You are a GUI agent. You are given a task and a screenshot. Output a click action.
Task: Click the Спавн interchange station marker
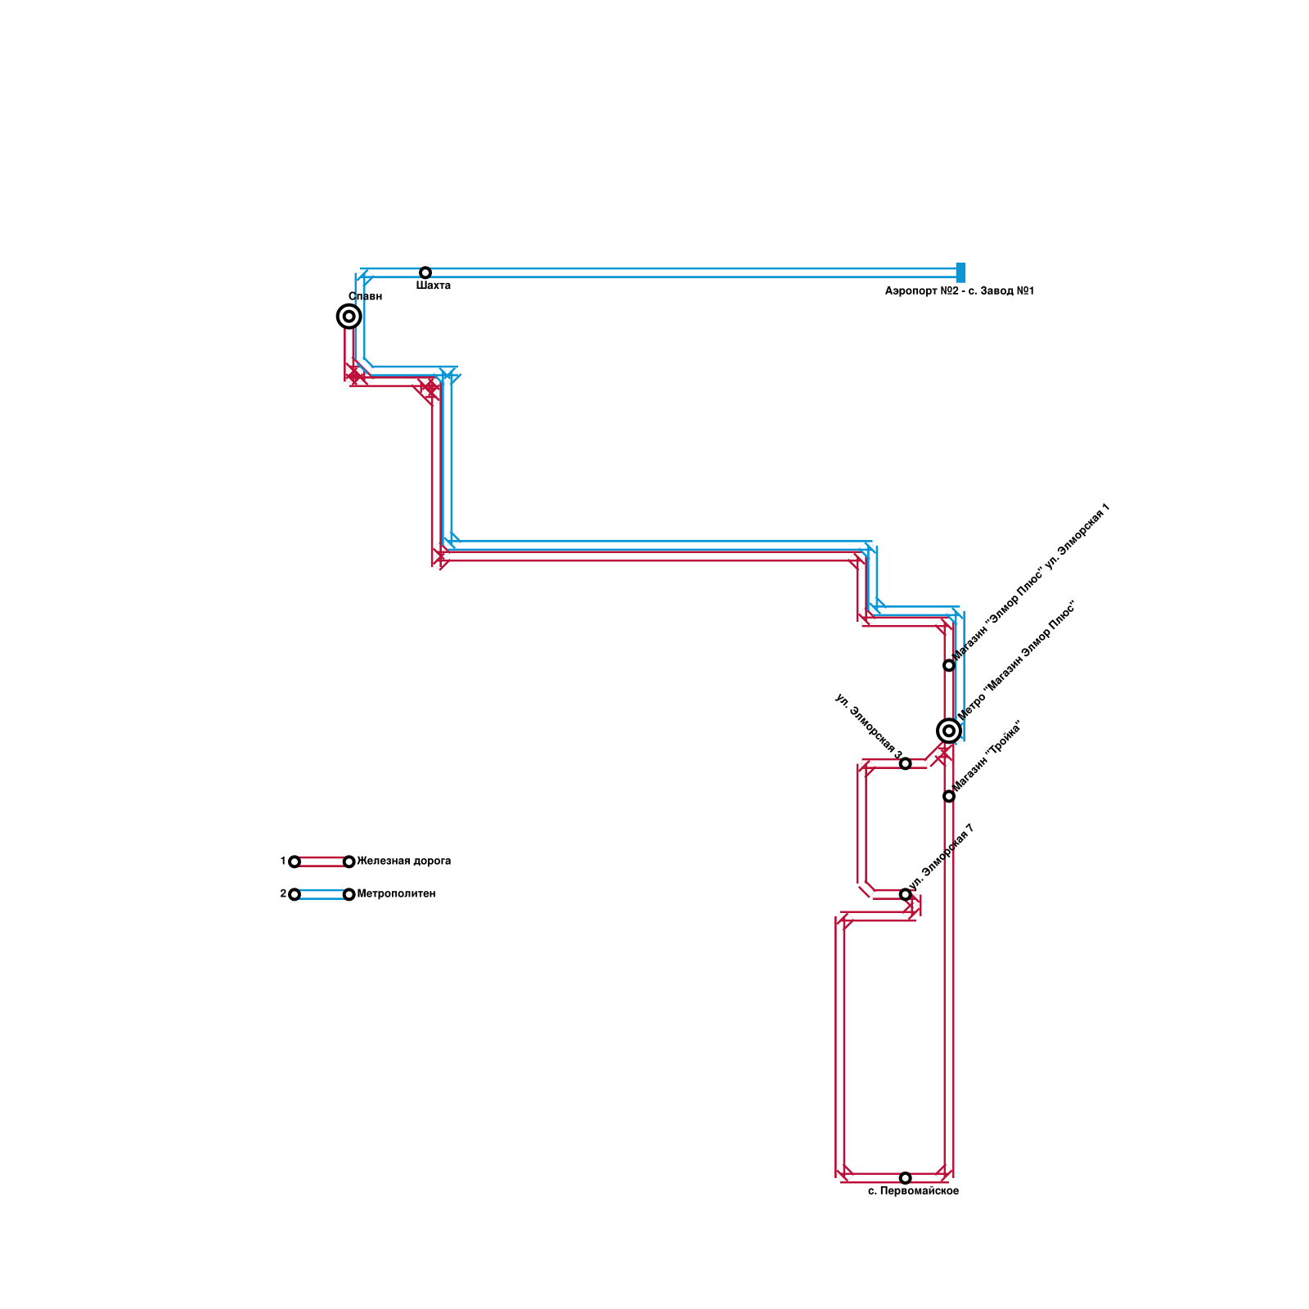(349, 316)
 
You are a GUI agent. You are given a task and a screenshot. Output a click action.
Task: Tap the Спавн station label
(365, 297)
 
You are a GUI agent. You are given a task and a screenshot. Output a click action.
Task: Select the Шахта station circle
(425, 272)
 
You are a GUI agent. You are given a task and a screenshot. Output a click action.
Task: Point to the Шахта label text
(433, 286)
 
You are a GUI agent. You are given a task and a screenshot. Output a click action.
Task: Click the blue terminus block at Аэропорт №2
(960, 272)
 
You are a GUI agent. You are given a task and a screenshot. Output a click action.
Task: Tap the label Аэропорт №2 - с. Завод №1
(959, 291)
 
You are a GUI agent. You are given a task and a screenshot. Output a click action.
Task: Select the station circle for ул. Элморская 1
(948, 665)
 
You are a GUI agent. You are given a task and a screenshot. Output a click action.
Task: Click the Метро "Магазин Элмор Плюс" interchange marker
(948, 731)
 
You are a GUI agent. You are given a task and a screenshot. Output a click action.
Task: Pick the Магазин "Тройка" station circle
(948, 796)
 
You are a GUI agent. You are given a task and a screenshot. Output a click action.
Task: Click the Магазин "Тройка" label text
(987, 756)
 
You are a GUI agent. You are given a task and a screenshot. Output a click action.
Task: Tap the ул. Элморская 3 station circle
(905, 763)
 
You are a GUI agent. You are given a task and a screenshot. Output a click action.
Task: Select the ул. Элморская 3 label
(868, 725)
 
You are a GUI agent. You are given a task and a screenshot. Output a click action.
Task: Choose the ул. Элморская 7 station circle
(905, 894)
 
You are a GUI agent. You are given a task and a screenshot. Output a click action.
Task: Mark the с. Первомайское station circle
(905, 1177)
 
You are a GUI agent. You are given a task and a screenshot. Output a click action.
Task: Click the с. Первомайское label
(913, 1191)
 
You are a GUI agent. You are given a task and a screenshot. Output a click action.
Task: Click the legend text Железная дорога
(403, 861)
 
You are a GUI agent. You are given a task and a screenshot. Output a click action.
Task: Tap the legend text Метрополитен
(396, 894)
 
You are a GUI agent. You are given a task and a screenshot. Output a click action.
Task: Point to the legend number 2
(283, 894)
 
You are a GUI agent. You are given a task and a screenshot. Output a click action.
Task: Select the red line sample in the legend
(322, 861)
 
